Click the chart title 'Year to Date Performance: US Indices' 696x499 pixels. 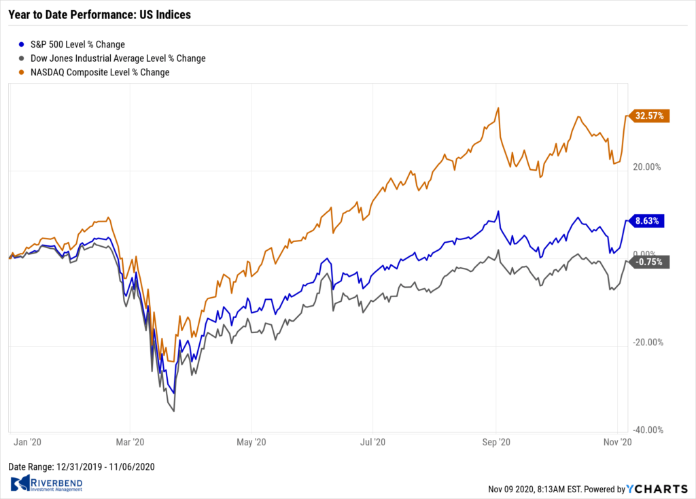pyautogui.click(x=99, y=14)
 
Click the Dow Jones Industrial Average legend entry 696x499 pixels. pyautogui.click(x=113, y=58)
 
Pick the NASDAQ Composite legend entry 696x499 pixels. pyautogui.click(x=94, y=72)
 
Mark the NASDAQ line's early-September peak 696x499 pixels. pyautogui.click(x=498, y=108)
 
